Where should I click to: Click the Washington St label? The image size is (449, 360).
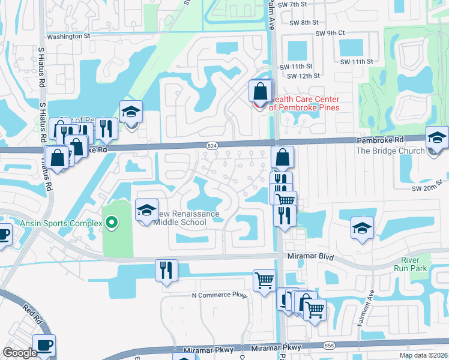(68, 36)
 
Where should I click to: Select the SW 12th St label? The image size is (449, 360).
(303, 76)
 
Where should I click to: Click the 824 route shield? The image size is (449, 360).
(211, 145)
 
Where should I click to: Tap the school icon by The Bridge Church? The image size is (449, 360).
(437, 138)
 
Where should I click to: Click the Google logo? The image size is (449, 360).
(20, 353)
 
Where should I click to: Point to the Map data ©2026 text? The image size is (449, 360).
(423, 355)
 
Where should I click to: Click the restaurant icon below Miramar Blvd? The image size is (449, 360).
(166, 270)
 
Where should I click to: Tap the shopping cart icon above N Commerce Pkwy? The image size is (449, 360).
(264, 280)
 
